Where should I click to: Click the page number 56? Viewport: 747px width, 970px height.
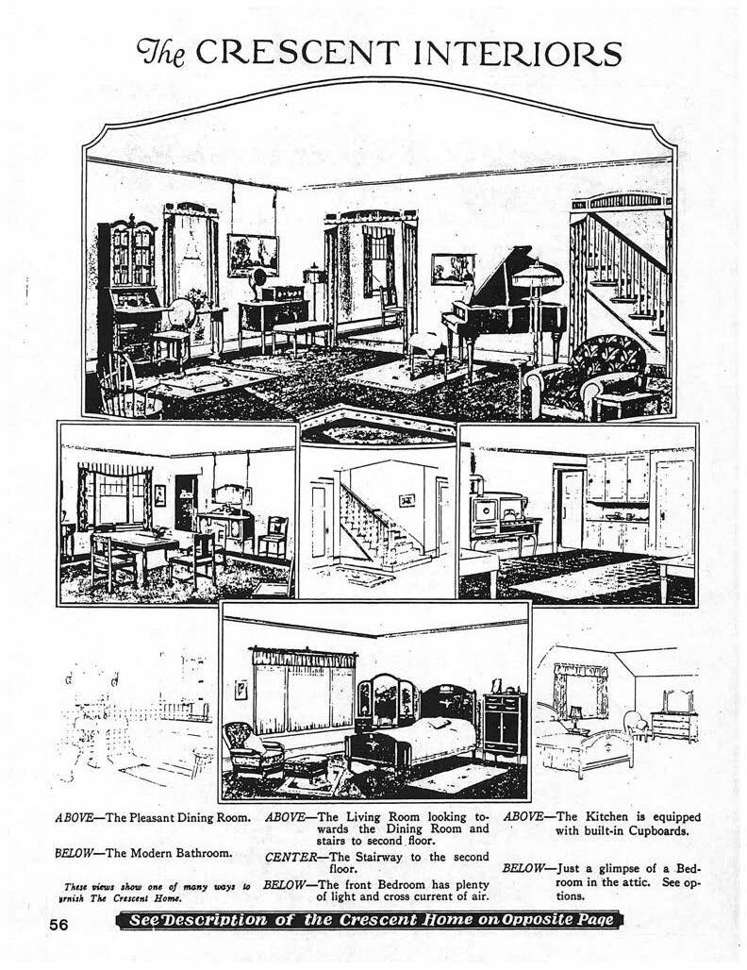[x=61, y=926]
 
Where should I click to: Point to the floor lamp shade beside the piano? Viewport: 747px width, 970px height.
[x=537, y=275]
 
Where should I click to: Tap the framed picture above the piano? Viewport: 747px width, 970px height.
[x=453, y=268]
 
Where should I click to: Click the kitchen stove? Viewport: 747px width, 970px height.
[x=501, y=524]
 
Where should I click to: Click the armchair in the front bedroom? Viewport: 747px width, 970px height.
[x=251, y=750]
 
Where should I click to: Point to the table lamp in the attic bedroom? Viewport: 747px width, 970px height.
[x=574, y=714]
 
